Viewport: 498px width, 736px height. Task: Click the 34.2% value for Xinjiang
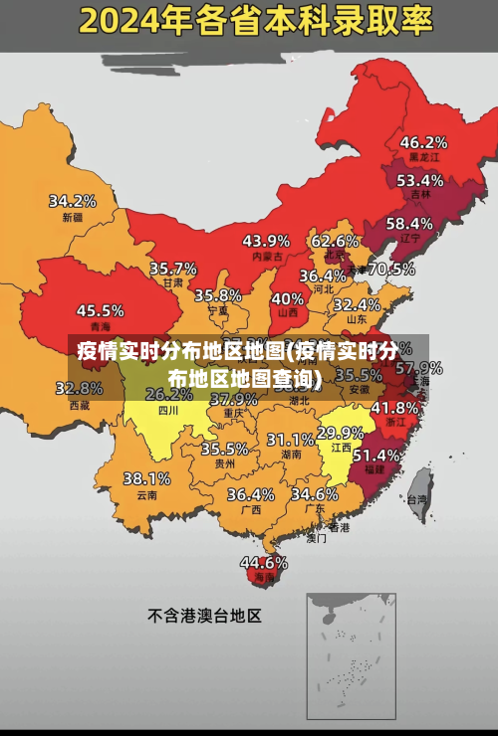[x=73, y=200]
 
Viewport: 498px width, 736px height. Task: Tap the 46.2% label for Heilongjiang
[x=423, y=141]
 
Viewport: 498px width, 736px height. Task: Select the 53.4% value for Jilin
[x=419, y=180]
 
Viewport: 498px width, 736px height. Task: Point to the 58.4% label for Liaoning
[x=409, y=223]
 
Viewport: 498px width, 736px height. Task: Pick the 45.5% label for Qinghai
[x=101, y=310]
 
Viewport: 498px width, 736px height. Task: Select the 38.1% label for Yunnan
[x=146, y=478]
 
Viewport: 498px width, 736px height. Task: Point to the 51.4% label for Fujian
[x=376, y=455]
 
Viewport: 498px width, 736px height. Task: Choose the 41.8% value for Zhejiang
[x=394, y=407]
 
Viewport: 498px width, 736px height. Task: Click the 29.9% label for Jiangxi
[x=340, y=433]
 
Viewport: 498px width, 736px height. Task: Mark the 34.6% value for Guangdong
[x=314, y=493]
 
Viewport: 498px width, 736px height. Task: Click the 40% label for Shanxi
[x=288, y=297]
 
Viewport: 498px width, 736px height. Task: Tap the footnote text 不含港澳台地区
[x=204, y=616]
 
